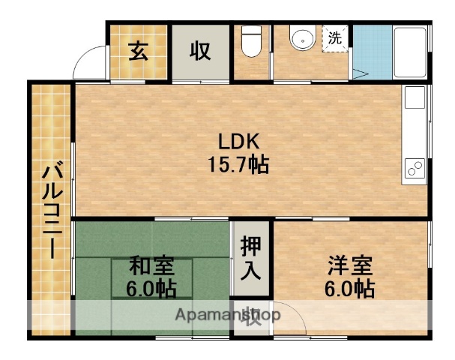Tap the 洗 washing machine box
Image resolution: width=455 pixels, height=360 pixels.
tap(334, 37)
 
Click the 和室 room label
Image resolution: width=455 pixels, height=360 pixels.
tap(152, 265)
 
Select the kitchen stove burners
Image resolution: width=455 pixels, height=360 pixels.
tap(415, 169)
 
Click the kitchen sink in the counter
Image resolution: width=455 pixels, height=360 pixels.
tap(415, 101)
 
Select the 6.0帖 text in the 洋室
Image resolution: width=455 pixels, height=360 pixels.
tap(350, 288)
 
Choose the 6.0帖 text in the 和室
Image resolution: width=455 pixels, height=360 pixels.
tap(152, 288)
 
